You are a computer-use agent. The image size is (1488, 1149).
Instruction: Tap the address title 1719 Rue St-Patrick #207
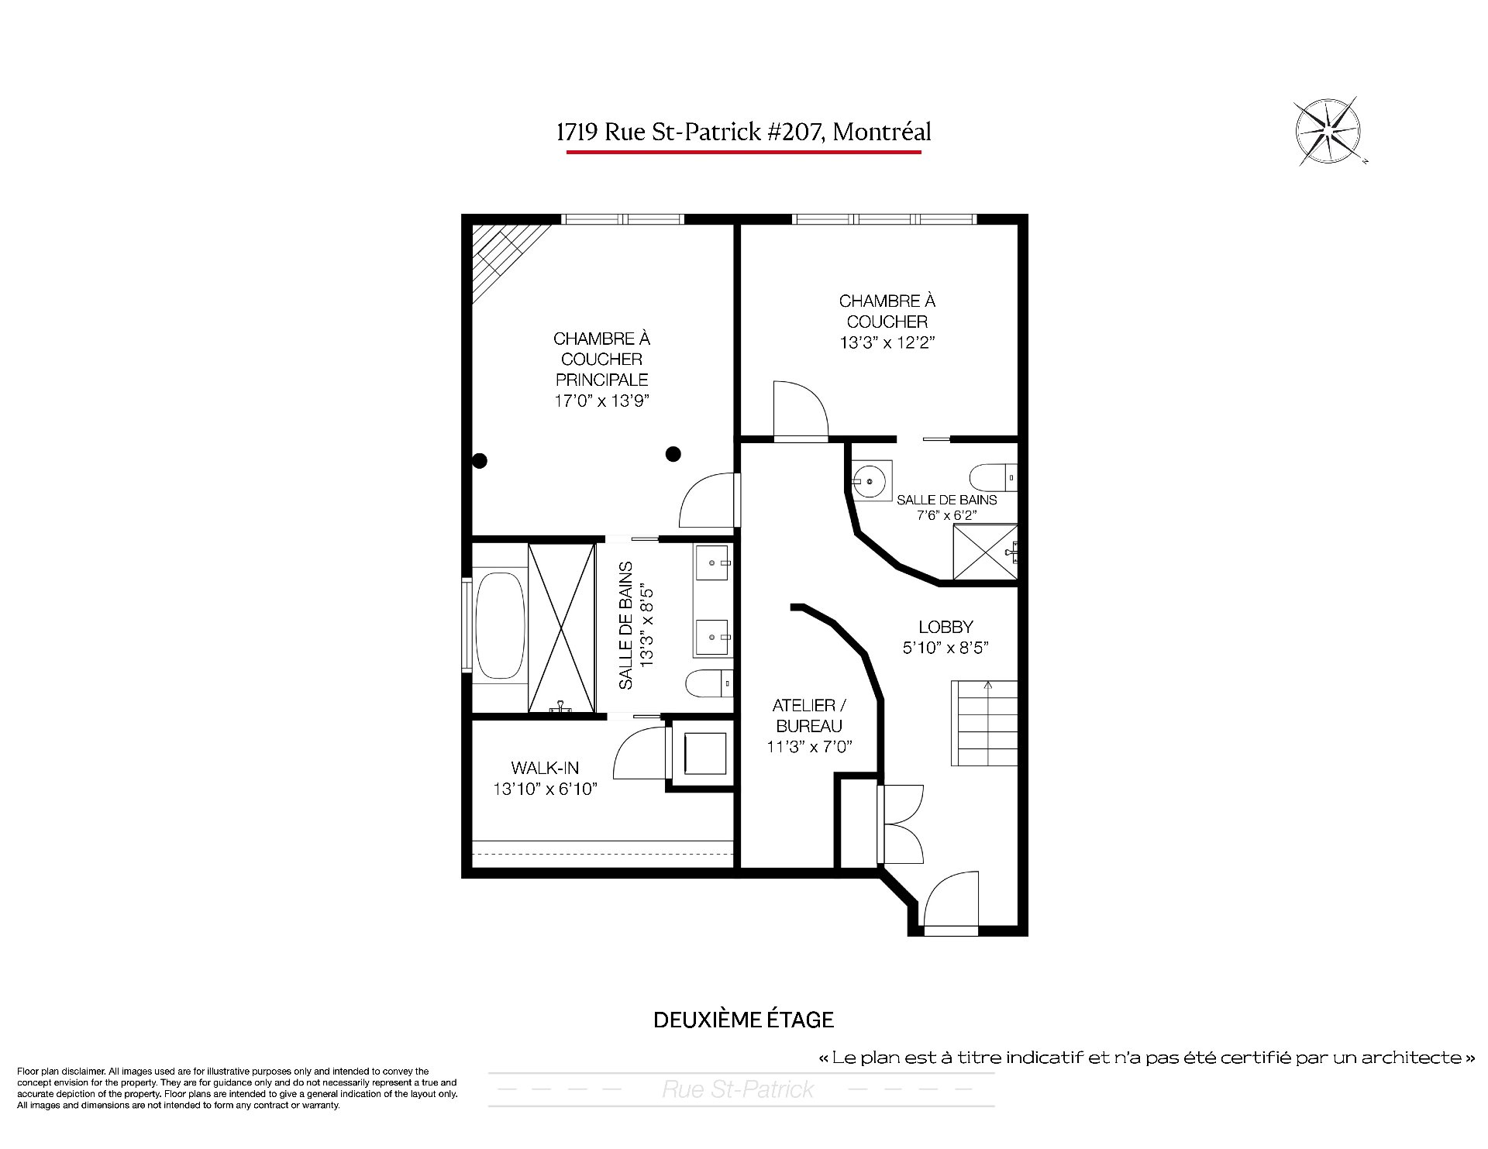click(690, 132)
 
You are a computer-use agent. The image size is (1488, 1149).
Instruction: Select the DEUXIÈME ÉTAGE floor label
click(743, 1020)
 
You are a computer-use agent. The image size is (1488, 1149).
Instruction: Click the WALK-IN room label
click(545, 768)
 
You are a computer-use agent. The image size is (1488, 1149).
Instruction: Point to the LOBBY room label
click(945, 627)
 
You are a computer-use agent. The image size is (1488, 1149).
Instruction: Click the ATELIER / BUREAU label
click(809, 716)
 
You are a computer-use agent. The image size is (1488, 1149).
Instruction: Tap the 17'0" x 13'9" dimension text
click(601, 401)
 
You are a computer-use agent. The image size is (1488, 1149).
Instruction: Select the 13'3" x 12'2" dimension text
click(887, 342)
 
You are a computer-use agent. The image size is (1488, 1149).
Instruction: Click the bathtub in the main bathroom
click(499, 627)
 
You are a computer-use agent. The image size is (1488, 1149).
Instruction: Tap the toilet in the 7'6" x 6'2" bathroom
click(993, 476)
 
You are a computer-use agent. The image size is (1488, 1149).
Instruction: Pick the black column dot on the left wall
click(480, 461)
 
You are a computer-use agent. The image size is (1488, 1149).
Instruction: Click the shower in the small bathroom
click(984, 552)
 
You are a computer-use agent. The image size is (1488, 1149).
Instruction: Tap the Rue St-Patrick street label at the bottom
click(738, 1089)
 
